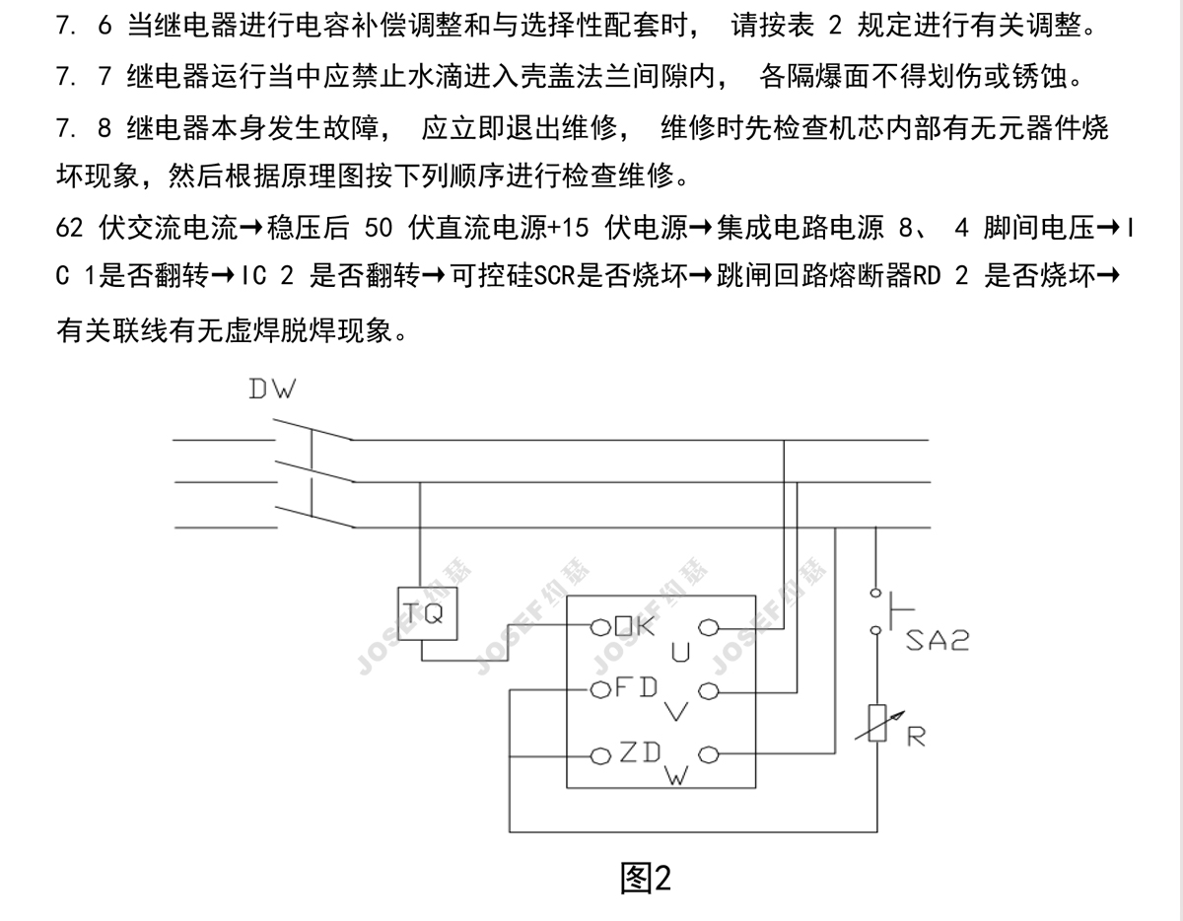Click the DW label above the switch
point(271,390)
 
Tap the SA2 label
point(937,642)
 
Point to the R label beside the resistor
point(916,737)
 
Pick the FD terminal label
point(636,688)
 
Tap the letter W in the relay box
point(676,777)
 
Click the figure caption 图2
point(646,877)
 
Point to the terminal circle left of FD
point(598,690)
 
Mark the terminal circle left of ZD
point(600,756)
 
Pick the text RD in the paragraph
point(928,279)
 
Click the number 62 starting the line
point(69,229)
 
